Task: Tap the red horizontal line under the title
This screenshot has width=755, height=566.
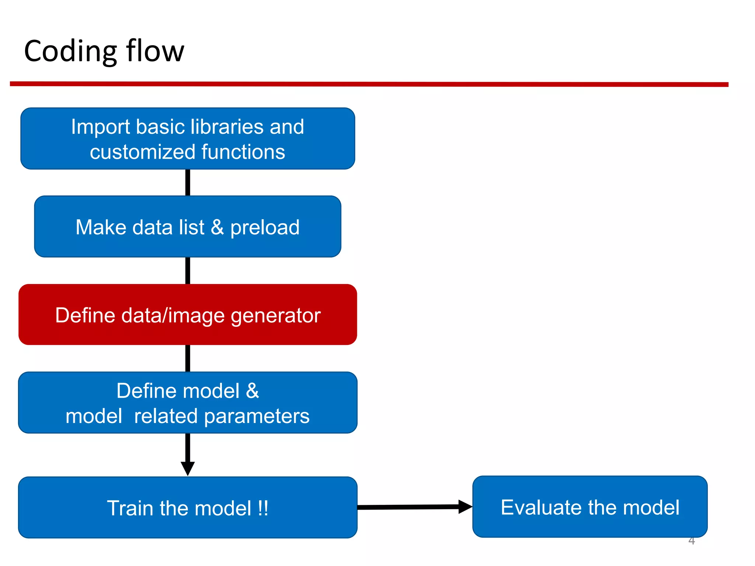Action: click(369, 84)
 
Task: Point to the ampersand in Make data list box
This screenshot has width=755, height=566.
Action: click(217, 227)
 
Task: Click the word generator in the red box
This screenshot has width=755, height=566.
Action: click(275, 316)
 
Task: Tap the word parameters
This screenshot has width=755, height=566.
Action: click(257, 417)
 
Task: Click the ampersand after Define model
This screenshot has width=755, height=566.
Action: click(253, 391)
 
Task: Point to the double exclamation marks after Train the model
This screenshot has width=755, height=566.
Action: click(263, 508)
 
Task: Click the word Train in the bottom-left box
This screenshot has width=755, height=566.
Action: click(130, 509)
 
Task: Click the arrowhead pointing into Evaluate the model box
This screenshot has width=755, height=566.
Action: click(465, 507)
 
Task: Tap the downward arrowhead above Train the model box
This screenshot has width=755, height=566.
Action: click(188, 468)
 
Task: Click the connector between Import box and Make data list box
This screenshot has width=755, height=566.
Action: click(188, 182)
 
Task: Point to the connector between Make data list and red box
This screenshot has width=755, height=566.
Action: click(188, 270)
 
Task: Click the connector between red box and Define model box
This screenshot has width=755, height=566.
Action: click(188, 358)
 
